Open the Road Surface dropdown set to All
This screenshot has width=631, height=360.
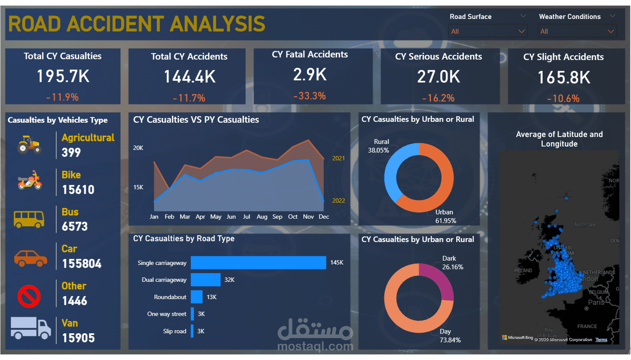tap(488, 32)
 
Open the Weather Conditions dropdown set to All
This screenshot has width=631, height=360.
tap(577, 32)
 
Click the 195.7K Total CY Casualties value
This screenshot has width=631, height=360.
tap(63, 76)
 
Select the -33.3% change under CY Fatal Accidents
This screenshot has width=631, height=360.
tap(310, 96)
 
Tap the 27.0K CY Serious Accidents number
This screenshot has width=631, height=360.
tap(438, 77)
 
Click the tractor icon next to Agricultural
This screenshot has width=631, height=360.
tap(29, 145)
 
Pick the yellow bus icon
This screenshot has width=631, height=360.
tap(29, 219)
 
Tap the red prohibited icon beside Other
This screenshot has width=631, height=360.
tap(29, 296)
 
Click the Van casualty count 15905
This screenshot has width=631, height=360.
tap(78, 338)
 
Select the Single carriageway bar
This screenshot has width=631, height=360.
tap(258, 263)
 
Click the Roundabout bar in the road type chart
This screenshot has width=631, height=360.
tap(197, 297)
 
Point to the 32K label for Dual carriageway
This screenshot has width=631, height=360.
tap(229, 280)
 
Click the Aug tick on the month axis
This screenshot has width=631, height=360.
tap(262, 217)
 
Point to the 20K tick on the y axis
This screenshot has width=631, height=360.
tap(138, 148)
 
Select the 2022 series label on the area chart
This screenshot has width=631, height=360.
tap(339, 201)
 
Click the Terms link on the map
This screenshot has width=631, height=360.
tap(601, 340)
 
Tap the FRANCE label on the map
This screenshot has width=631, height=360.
tap(587, 327)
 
